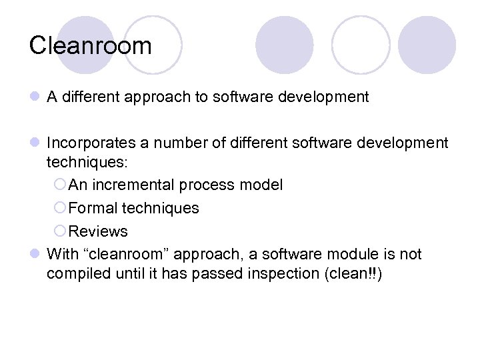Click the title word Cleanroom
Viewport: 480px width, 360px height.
(91, 46)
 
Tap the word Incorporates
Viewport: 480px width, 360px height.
(90, 143)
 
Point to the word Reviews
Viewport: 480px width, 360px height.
(98, 231)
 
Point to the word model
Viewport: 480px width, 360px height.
(262, 185)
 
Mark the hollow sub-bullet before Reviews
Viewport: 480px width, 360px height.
(60, 231)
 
